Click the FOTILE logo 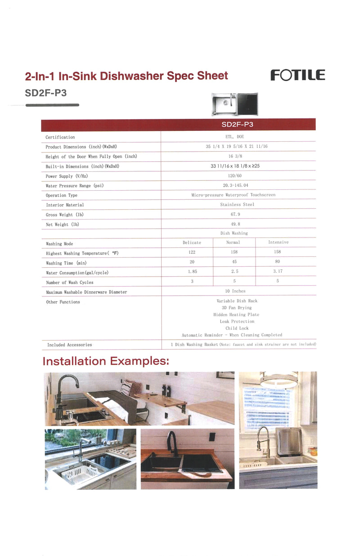[297, 75]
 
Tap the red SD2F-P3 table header [238, 125]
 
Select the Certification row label [60, 137]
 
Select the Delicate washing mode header [192, 242]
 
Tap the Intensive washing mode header [278, 242]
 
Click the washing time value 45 [234, 262]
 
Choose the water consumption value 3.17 [278, 271]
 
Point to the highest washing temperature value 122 [192, 252]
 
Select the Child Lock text [237, 328]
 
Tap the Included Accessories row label [69, 345]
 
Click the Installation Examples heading [106, 361]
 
